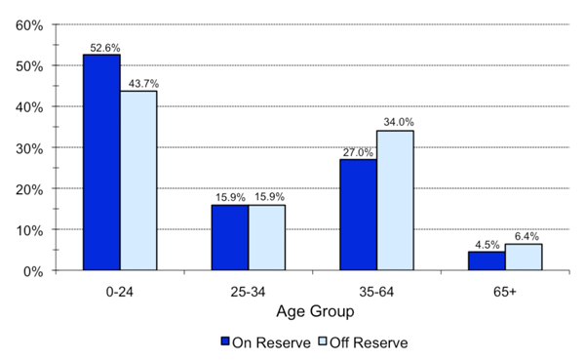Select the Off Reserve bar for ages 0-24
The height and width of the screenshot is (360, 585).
[x=138, y=180]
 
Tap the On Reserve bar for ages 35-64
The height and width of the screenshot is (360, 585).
[x=358, y=215]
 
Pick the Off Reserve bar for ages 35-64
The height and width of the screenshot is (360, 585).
[x=395, y=200]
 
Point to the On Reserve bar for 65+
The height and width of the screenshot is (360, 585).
[x=487, y=260]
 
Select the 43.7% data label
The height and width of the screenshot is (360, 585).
[x=139, y=84]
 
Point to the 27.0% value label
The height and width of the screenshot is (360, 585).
[x=359, y=152]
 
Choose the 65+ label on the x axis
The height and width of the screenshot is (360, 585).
[x=504, y=292]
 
